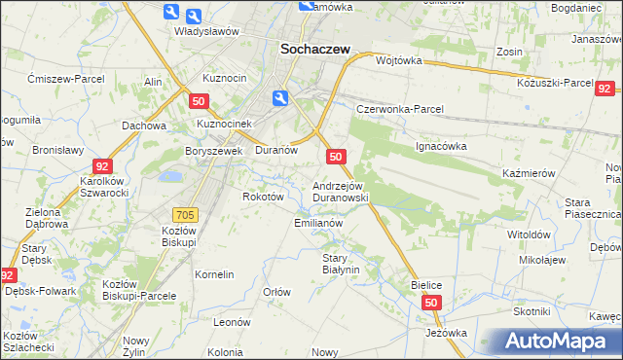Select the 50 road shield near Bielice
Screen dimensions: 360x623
[432, 304]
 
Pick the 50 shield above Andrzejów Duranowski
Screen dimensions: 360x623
[336, 156]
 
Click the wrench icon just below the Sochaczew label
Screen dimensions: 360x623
[280, 97]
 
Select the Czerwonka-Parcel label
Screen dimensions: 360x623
[399, 109]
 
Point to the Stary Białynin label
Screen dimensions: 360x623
[341, 264]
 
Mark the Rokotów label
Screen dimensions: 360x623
[263, 196]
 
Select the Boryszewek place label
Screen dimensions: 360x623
[213, 151]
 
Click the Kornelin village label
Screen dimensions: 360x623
[214, 274]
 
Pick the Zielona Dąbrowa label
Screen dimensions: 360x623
[44, 218]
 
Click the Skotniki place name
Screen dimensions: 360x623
[531, 310]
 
